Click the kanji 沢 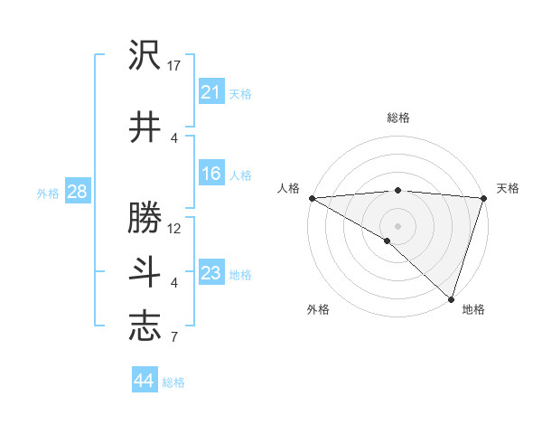point(145,55)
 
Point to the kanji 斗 point(145,272)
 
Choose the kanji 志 point(145,326)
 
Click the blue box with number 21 point(210,92)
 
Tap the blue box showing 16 point(210,174)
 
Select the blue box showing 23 point(210,273)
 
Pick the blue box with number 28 point(77,192)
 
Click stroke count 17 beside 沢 point(174,65)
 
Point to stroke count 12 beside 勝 point(174,228)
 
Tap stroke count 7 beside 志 point(174,337)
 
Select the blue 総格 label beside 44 point(173,382)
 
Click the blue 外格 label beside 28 point(48,193)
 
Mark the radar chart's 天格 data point point(483,198)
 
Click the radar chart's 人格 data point point(312,198)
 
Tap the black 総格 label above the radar point(397,118)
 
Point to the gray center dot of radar point(397,225)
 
